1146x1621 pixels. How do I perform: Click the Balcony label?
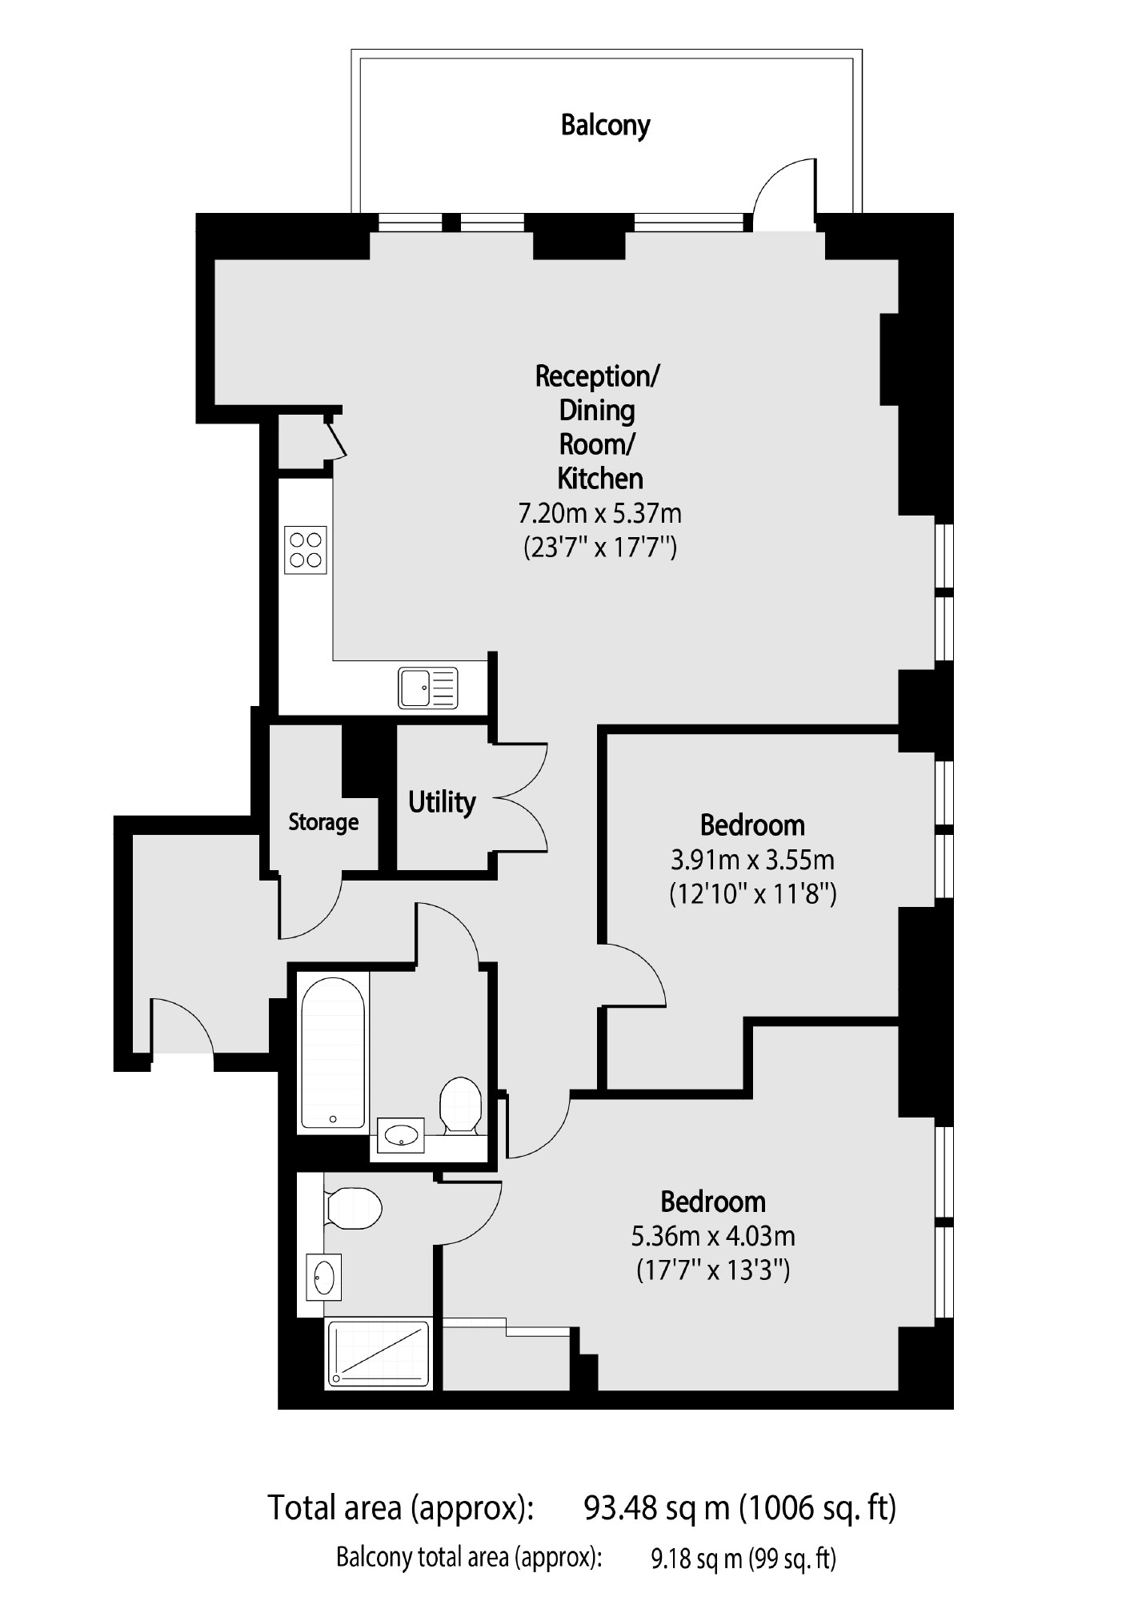[x=605, y=126]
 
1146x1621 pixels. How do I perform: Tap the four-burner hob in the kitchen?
[x=306, y=549]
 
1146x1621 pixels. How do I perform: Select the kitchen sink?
[x=428, y=688]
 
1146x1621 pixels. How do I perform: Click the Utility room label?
[x=442, y=801]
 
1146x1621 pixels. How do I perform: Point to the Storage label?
[x=323, y=822]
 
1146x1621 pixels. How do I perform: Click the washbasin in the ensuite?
[x=324, y=1277]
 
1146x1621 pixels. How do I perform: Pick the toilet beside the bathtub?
[x=460, y=1105]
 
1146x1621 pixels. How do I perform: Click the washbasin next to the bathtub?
[x=401, y=1134]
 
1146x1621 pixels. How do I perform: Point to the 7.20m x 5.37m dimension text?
[x=600, y=512]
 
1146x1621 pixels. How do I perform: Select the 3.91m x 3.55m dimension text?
[x=752, y=860]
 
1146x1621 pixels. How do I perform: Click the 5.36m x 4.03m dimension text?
[x=713, y=1236]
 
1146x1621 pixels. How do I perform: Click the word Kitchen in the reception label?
[x=600, y=479]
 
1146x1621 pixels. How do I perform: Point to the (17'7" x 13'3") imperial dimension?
[x=713, y=1270]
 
